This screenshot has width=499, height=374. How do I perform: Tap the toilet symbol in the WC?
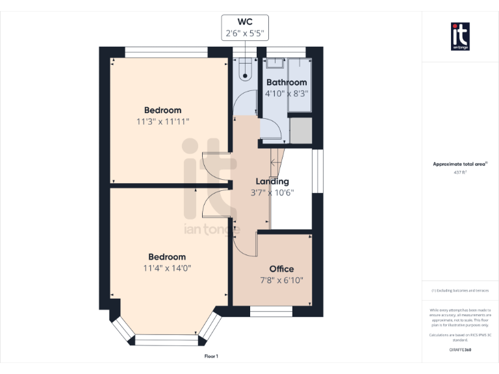245,69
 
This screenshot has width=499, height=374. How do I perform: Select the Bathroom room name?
286,82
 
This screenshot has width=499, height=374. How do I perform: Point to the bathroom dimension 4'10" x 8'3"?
286,93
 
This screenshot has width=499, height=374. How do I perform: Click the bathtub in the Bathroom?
300,84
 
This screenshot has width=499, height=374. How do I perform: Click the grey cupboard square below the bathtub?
300,130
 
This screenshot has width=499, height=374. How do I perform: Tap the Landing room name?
272,181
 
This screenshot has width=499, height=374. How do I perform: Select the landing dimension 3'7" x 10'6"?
273,192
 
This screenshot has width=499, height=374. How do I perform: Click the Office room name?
281,269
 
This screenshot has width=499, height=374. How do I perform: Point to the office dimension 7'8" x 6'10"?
281,280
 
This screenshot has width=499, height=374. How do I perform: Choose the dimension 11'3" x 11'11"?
162,121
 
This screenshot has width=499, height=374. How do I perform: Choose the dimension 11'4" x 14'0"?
167,268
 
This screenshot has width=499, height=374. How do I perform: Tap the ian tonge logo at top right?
460,36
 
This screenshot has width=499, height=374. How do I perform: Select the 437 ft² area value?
460,173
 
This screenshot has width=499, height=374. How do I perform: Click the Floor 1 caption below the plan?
211,356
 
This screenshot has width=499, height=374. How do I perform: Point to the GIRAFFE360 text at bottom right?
460,350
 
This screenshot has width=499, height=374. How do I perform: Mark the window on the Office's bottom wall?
271,312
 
